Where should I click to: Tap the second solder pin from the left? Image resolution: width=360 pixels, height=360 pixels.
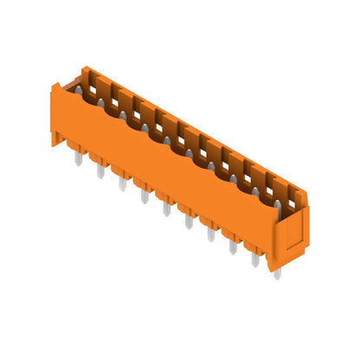[x=100, y=170]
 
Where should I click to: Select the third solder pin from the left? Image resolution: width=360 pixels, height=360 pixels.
[x=122, y=183]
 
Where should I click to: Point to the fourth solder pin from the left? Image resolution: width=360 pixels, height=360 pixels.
[x=145, y=196]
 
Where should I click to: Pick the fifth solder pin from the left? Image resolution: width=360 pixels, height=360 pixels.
[x=166, y=208]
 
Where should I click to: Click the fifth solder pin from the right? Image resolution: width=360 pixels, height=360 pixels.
[x=189, y=221]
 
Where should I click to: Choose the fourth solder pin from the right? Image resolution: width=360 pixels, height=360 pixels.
[x=210, y=233]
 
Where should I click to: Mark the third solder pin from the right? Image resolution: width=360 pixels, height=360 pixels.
[x=233, y=246]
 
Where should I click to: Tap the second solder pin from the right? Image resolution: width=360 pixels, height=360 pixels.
[x=255, y=258]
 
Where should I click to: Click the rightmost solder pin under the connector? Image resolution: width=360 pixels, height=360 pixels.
[x=277, y=272]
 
